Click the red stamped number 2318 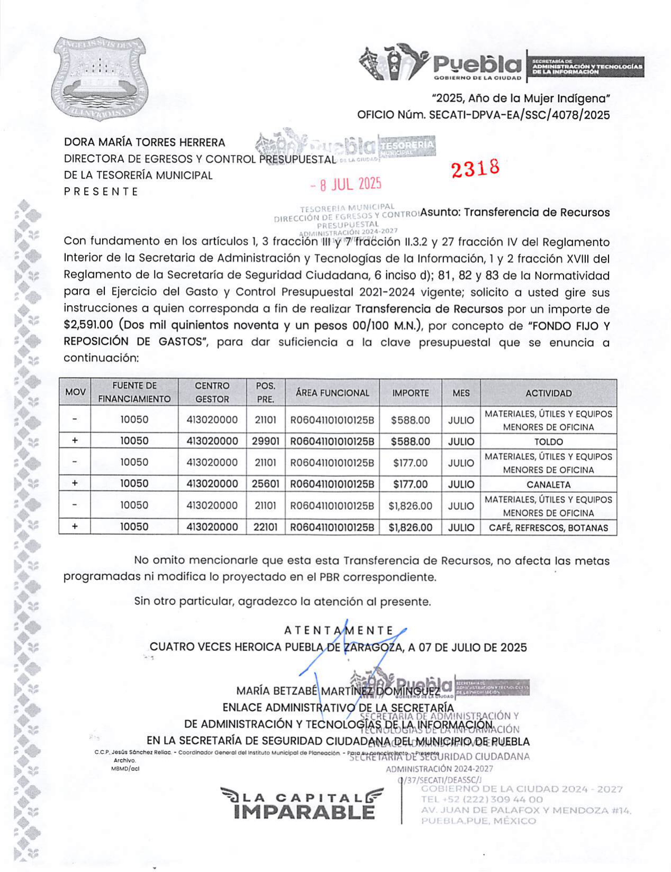click(x=475, y=168)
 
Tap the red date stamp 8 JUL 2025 click(x=347, y=185)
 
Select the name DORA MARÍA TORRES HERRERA click(x=144, y=142)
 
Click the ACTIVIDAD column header click(x=548, y=393)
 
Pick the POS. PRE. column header click(x=265, y=392)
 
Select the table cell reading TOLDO click(x=548, y=442)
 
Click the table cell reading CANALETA click(x=548, y=484)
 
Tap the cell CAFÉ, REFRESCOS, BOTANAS click(x=548, y=527)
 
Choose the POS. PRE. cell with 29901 click(x=265, y=441)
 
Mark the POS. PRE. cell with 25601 click(x=265, y=484)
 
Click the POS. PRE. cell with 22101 click(x=265, y=527)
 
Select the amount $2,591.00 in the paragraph click(x=88, y=325)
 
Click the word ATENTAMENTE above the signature click(x=339, y=630)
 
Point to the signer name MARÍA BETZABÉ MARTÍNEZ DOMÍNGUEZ click(x=338, y=691)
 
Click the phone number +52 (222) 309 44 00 click(x=482, y=800)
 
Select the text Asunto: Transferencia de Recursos click(x=515, y=213)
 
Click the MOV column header click(x=75, y=392)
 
